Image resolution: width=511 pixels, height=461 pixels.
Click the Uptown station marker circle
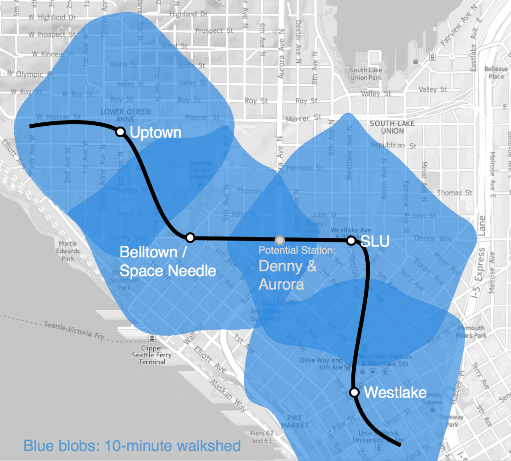click(120, 132)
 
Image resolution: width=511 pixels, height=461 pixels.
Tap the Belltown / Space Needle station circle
click(190, 237)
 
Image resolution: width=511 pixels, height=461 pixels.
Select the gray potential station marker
click(280, 239)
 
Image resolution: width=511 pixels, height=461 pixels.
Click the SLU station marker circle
click(351, 240)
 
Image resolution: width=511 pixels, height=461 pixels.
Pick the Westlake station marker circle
click(354, 393)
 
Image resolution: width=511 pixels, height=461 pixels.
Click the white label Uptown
click(155, 133)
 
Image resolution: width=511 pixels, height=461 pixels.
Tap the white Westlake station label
click(395, 392)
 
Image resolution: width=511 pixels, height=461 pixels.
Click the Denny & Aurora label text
click(287, 275)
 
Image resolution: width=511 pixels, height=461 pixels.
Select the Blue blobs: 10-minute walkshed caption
click(132, 446)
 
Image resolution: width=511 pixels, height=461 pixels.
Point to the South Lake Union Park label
click(365, 74)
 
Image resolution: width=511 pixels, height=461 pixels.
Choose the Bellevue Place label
click(496, 73)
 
